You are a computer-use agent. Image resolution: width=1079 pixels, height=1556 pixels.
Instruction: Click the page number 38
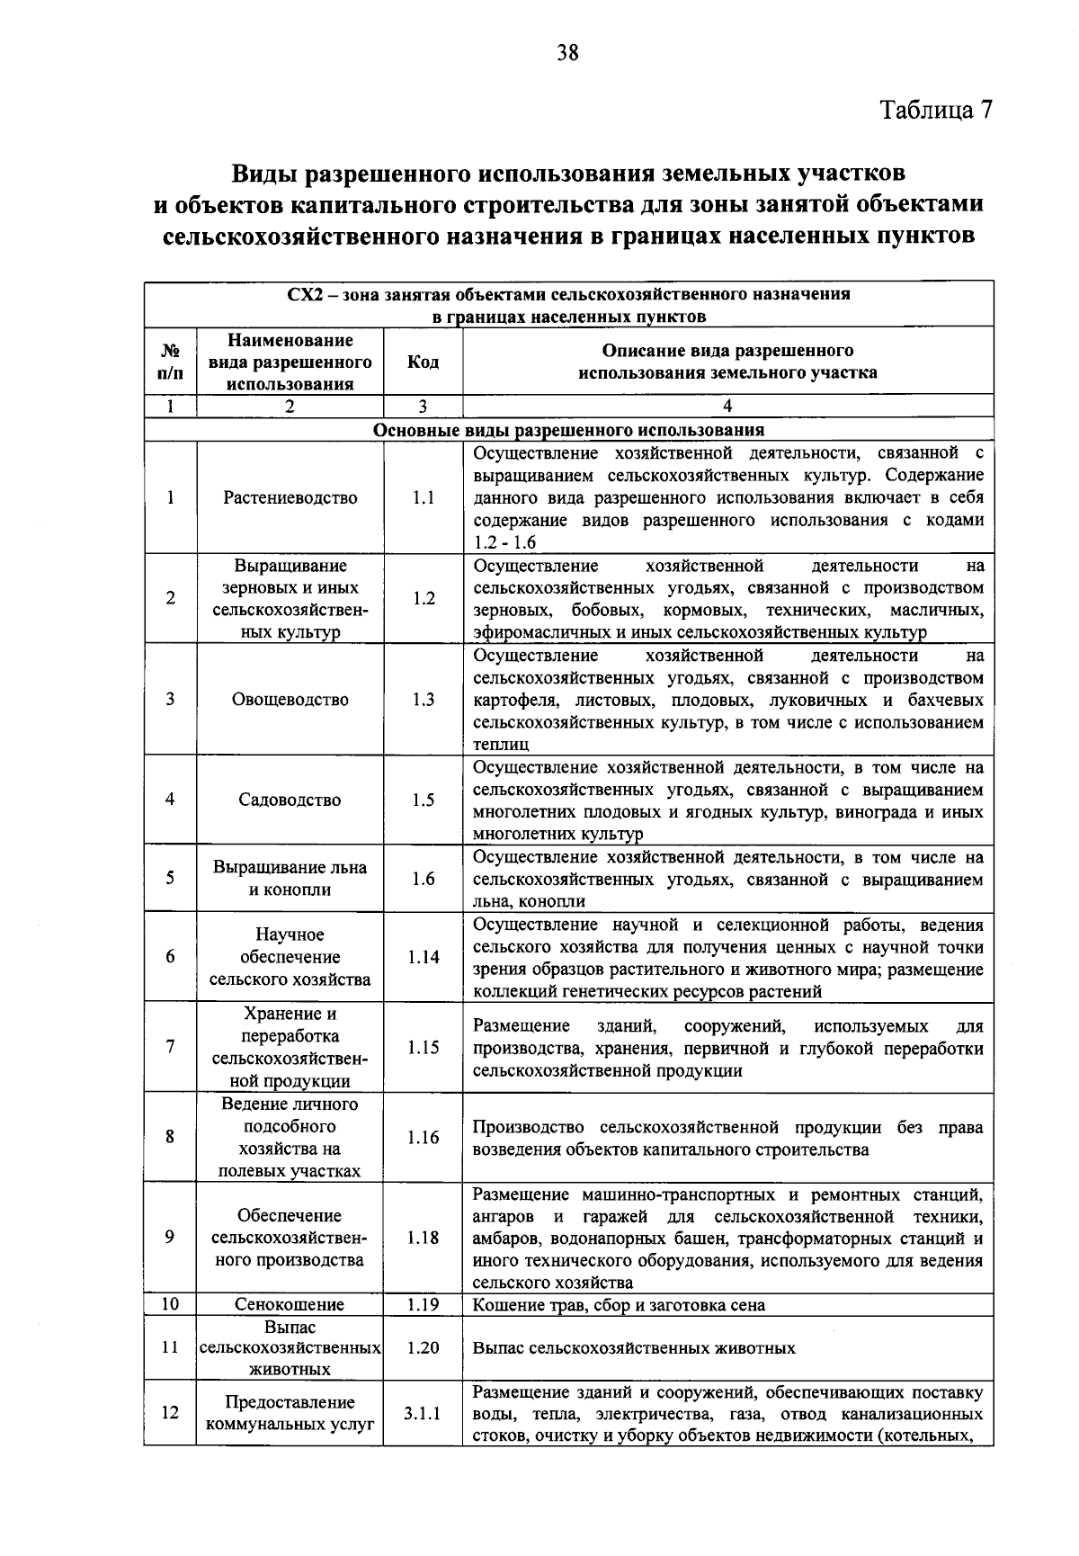pyautogui.click(x=566, y=53)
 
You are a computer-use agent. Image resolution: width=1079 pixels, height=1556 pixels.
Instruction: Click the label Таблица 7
pyautogui.click(x=936, y=110)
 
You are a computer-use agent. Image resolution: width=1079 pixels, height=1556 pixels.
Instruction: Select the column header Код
pyautogui.click(x=423, y=362)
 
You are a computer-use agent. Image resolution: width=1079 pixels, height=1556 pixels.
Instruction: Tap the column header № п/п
pyautogui.click(x=170, y=362)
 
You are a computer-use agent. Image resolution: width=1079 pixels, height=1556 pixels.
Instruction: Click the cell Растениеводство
pyautogui.click(x=290, y=498)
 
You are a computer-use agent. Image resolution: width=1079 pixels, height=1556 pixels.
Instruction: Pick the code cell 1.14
pyautogui.click(x=423, y=957)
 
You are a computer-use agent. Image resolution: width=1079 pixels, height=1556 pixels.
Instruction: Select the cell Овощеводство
pyautogui.click(x=290, y=700)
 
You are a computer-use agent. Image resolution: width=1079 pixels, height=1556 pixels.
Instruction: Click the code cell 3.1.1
pyautogui.click(x=423, y=1413)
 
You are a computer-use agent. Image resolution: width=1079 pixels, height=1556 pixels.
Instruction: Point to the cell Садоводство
pyautogui.click(x=290, y=800)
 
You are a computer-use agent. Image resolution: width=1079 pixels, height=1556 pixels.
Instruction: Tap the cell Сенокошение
pyautogui.click(x=290, y=1305)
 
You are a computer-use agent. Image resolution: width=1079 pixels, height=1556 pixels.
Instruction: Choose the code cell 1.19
pyautogui.click(x=423, y=1304)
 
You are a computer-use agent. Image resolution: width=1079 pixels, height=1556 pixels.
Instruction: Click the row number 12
pyautogui.click(x=170, y=1413)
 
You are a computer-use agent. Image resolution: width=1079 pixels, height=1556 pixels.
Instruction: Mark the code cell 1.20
pyautogui.click(x=423, y=1348)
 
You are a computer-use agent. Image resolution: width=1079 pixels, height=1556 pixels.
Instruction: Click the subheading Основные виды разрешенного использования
pyautogui.click(x=568, y=430)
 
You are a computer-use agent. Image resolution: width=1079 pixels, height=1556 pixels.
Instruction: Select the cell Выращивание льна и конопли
pyautogui.click(x=290, y=879)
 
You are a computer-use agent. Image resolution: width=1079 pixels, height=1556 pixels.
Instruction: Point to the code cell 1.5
pyautogui.click(x=423, y=800)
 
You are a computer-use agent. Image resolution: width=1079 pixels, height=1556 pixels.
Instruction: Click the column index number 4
pyautogui.click(x=727, y=407)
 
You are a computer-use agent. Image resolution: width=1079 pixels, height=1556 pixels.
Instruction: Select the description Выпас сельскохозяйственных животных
pyautogui.click(x=634, y=1348)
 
